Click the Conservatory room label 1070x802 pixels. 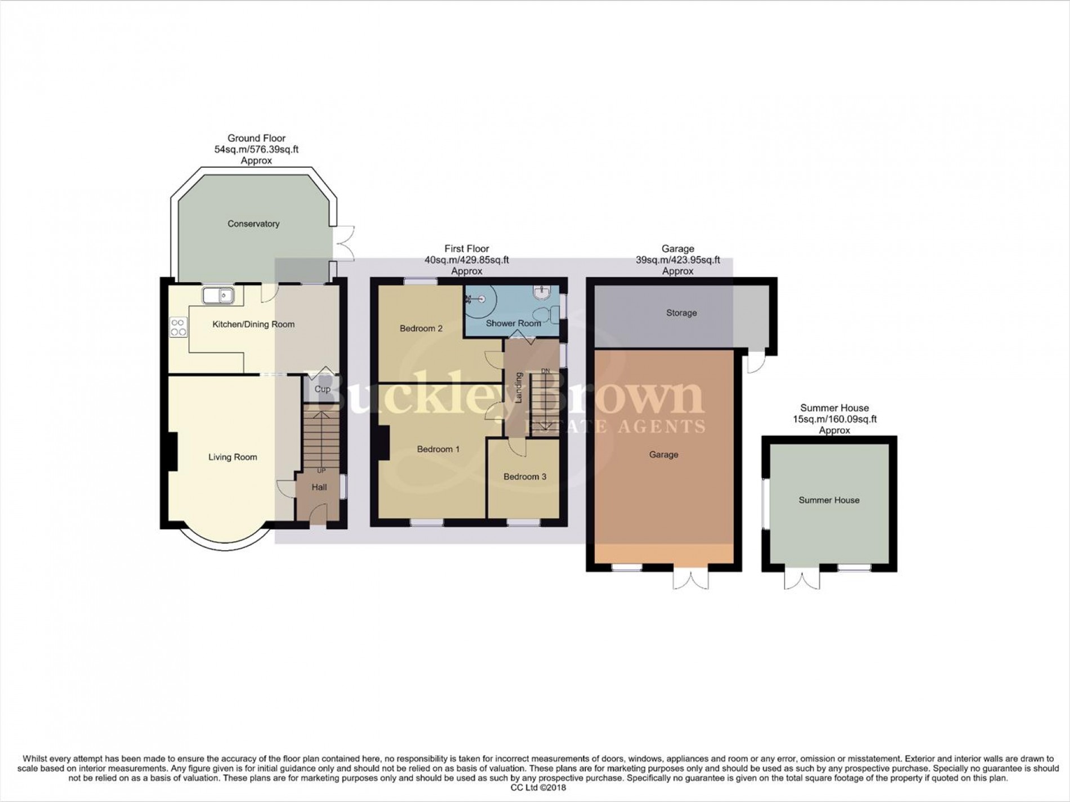coord(253,224)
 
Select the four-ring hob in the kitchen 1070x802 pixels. coord(179,327)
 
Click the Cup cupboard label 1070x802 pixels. coord(322,389)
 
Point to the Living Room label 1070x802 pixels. coord(233,457)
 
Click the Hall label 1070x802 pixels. coord(319,487)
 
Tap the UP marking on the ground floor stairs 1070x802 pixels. coord(321,471)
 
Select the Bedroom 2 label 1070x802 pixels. coord(421,328)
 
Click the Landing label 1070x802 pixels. coord(519,387)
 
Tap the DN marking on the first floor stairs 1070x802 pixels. coord(545,371)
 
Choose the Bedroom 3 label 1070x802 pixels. coord(525,476)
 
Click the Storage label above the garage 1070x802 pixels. coord(681,313)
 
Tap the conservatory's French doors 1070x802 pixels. coord(344,243)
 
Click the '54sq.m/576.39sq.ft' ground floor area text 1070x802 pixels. coord(256,149)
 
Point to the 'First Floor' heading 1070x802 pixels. coord(467,248)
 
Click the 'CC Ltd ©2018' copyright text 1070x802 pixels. coord(534,788)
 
